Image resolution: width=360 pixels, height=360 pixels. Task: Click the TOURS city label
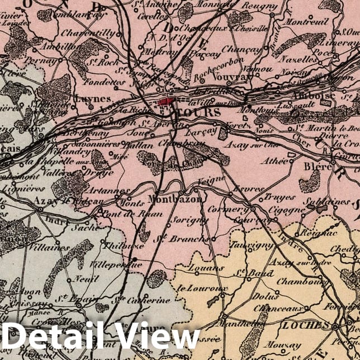192,112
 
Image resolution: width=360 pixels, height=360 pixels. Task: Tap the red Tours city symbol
165,102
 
